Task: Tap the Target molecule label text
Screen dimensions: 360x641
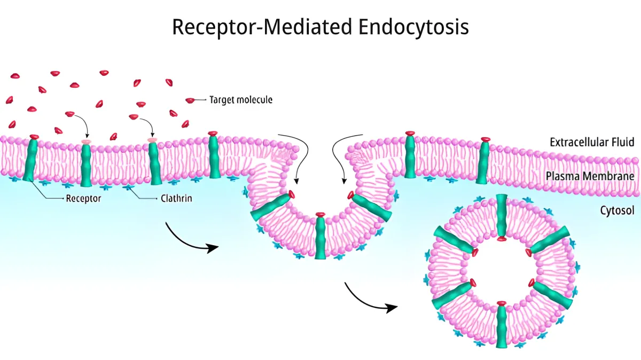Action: click(x=240, y=100)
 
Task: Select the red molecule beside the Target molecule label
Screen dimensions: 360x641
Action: click(x=190, y=100)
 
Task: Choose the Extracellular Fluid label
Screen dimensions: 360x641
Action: click(x=592, y=142)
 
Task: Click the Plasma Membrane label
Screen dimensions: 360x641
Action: click(x=592, y=176)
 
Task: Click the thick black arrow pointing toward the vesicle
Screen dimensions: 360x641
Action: click(x=371, y=300)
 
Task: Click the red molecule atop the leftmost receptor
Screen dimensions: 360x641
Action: click(x=34, y=137)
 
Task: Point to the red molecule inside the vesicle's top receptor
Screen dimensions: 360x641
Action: click(x=501, y=238)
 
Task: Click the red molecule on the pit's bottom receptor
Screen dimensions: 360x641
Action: click(x=320, y=215)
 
